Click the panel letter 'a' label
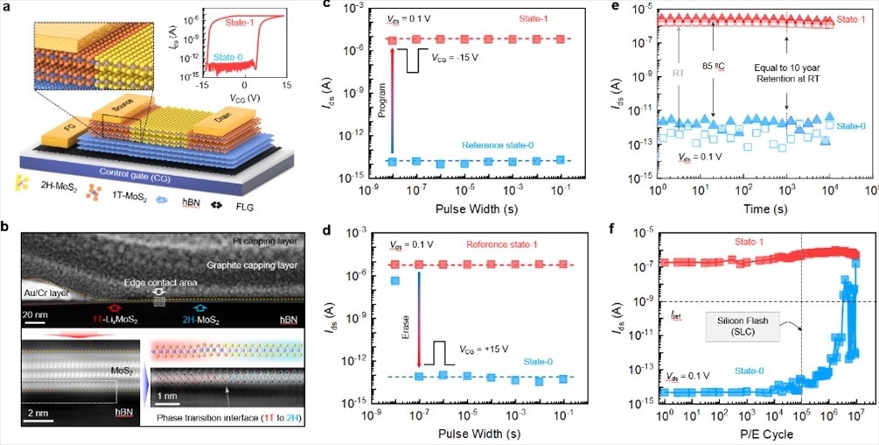coord(8,9)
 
